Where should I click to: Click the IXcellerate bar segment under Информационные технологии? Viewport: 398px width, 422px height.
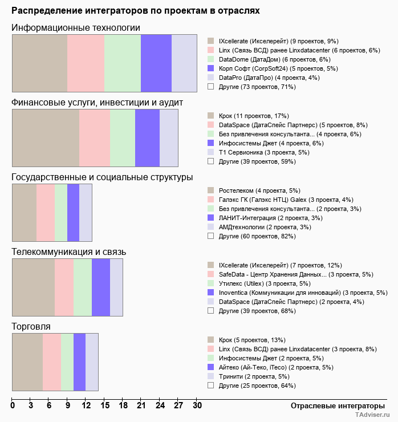click(39, 63)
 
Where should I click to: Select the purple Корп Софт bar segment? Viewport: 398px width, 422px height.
click(156, 63)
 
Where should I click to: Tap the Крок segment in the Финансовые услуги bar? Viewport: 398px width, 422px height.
click(46, 137)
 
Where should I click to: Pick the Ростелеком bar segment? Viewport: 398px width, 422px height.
click(24, 213)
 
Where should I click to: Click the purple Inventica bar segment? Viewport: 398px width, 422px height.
click(100, 287)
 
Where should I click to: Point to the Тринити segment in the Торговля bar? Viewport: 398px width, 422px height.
click(91, 362)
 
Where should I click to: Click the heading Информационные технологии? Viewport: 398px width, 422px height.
click(76, 28)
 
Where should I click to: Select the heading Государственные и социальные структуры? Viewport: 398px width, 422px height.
click(102, 177)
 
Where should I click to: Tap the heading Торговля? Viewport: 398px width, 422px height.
click(31, 327)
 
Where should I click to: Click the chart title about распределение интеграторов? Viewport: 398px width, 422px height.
click(136, 11)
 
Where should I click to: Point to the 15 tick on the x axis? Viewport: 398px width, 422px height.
click(104, 405)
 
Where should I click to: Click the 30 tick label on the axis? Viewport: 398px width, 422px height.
click(197, 405)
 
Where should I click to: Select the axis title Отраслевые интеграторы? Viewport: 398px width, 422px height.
click(334, 405)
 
